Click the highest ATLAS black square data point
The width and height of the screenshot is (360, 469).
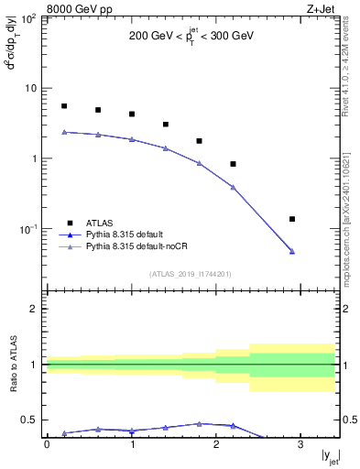pos(64,106)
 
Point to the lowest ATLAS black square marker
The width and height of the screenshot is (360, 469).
pos(292,219)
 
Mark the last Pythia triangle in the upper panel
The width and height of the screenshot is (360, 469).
pos(292,251)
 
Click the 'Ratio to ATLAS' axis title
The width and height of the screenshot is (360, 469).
pos(12,364)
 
